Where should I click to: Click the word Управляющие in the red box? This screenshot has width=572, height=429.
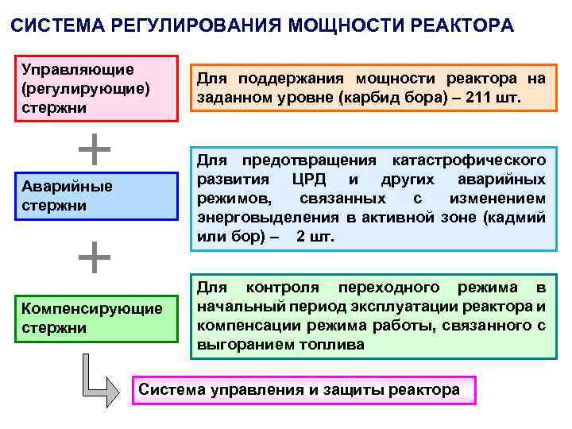[x=78, y=69]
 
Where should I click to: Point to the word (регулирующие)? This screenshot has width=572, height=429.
[x=87, y=87]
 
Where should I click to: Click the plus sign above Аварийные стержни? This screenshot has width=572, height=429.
[x=95, y=149]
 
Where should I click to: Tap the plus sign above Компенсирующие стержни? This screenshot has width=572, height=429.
[x=95, y=257]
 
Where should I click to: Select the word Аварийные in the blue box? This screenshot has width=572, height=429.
[x=67, y=187]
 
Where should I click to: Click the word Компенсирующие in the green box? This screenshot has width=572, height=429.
[x=91, y=308]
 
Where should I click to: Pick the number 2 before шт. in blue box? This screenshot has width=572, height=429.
[x=300, y=237]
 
